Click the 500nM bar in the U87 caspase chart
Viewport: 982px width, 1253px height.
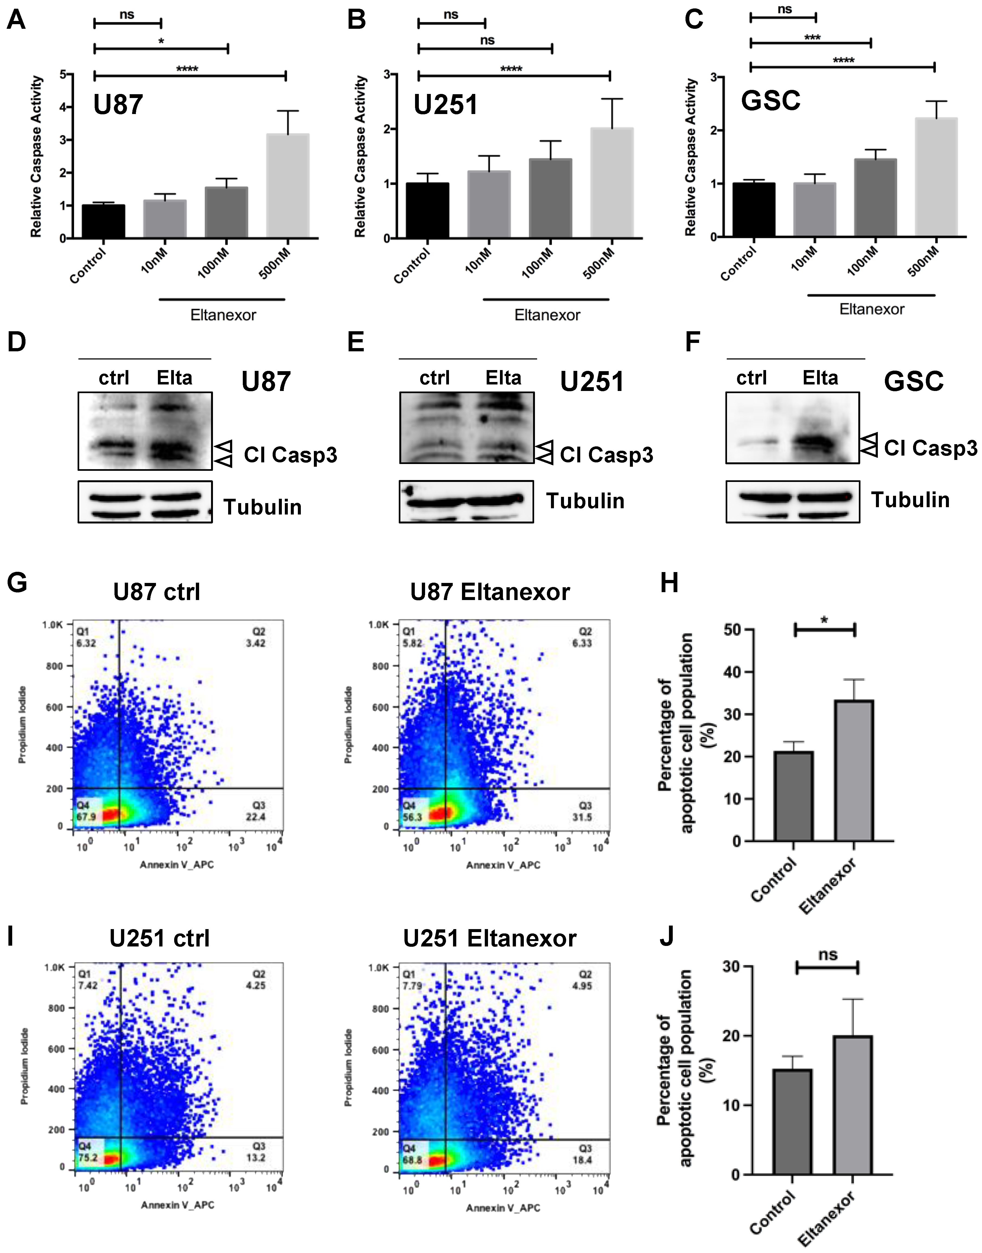click(288, 185)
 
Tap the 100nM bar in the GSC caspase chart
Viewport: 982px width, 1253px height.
click(875, 197)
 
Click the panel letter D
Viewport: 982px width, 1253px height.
click(17, 342)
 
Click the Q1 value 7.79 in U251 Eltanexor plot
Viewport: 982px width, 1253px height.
click(412, 986)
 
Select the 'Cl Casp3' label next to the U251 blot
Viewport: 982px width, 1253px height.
click(607, 455)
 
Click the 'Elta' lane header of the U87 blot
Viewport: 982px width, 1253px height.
click(174, 378)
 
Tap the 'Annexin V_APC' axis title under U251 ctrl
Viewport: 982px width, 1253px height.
click(178, 1205)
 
